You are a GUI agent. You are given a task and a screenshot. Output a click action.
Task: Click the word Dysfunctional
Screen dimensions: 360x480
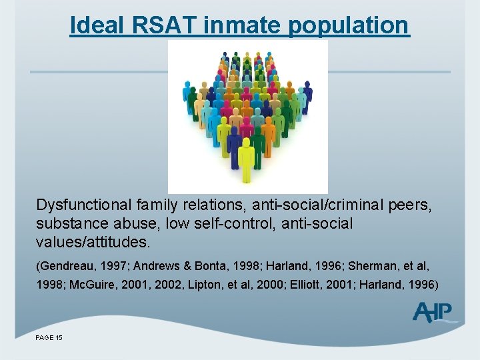pos(89,204)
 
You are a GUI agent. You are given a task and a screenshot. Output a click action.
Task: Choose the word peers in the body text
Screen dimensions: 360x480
pos(411,204)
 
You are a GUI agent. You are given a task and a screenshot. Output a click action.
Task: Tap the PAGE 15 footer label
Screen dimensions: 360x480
pos(49,338)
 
